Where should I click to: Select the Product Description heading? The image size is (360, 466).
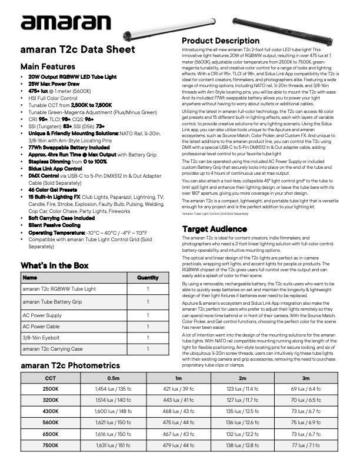click(x=221, y=41)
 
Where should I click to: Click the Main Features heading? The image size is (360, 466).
click(x=48, y=66)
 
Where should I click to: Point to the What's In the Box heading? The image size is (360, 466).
click(x=54, y=265)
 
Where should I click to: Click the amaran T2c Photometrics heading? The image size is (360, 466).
click(x=70, y=365)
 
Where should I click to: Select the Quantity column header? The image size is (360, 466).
click(x=148, y=277)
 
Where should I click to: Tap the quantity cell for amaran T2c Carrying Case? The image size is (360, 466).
click(x=148, y=349)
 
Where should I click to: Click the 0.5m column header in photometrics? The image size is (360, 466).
click(x=113, y=378)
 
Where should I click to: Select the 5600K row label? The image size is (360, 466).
click(x=51, y=422)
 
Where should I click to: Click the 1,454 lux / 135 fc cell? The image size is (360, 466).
click(x=113, y=389)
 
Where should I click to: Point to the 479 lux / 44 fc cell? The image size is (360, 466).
click(x=177, y=445)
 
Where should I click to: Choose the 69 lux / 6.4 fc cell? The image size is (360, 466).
click(x=305, y=389)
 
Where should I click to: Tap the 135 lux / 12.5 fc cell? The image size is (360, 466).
click(x=241, y=411)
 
